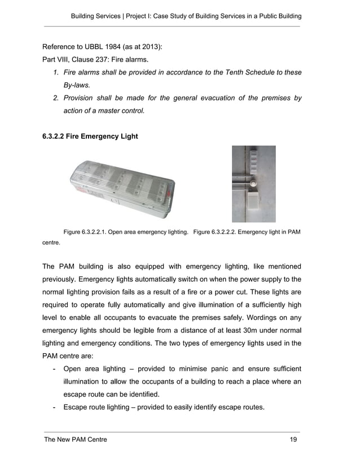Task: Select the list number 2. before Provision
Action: click(56, 98)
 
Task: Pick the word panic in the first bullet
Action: click(219, 369)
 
